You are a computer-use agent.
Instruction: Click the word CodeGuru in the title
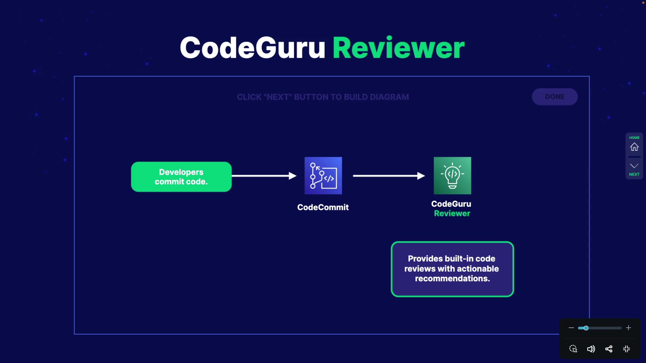(x=252, y=47)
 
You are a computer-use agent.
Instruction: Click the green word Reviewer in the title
(x=399, y=47)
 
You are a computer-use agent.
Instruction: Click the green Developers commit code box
(x=181, y=177)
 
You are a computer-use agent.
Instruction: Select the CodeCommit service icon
(x=323, y=175)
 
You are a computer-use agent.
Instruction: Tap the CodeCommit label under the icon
(x=323, y=207)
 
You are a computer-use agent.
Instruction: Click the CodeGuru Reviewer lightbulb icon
(x=453, y=175)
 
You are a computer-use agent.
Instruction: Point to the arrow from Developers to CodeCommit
(x=264, y=176)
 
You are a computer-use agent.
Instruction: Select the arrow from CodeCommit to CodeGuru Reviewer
(x=389, y=176)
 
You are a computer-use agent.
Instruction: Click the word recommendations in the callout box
(x=452, y=279)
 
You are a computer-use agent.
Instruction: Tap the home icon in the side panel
(x=634, y=147)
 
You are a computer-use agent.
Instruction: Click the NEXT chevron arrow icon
(x=634, y=166)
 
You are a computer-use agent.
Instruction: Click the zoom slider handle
(x=586, y=328)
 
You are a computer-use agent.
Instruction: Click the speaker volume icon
(x=591, y=349)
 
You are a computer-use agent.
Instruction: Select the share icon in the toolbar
(x=609, y=349)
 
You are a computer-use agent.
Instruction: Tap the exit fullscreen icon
(x=626, y=349)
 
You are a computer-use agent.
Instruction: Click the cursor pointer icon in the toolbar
(x=573, y=349)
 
